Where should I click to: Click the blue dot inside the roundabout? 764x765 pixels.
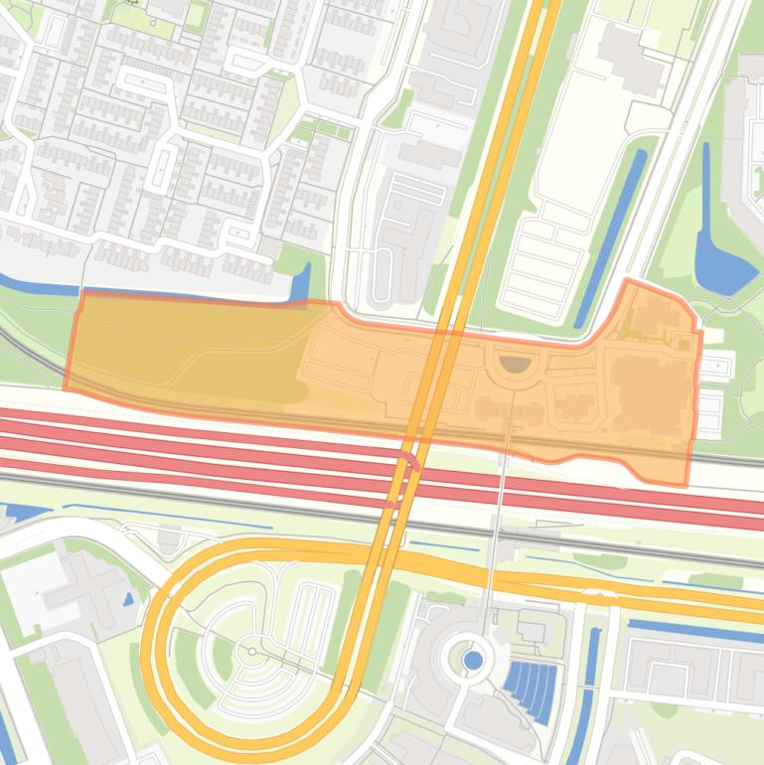coord(473,660)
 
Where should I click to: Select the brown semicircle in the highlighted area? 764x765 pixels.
coord(515,365)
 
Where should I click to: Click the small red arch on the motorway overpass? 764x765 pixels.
coord(408,461)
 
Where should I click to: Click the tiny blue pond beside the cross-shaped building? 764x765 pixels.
coord(128,600)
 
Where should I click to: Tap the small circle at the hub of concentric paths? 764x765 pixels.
coord(252,652)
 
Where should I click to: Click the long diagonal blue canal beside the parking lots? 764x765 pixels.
coord(610,238)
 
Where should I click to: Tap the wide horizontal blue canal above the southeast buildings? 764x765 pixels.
coord(695,632)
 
